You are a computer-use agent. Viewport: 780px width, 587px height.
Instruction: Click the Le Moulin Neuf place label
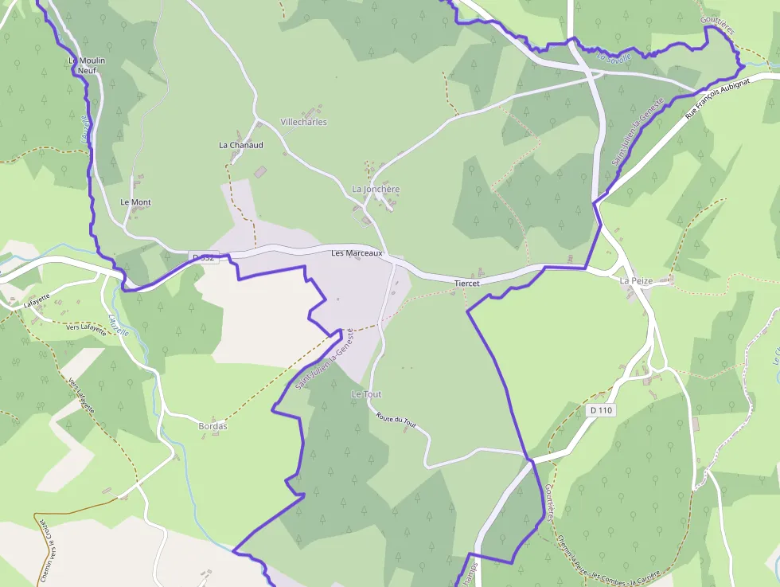[x=87, y=65]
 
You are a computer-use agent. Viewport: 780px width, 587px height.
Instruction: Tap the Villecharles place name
[x=303, y=122]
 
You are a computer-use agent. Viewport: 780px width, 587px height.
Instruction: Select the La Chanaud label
[x=240, y=146]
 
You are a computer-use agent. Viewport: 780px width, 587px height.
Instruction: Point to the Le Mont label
[x=135, y=202]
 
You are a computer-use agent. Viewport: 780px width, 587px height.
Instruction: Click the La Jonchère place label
[x=375, y=190]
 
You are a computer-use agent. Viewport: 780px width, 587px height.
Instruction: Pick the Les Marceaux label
[x=357, y=253]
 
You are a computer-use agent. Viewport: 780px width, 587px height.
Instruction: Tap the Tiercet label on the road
[x=466, y=284]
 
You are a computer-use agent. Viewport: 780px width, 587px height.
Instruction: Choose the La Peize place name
[x=636, y=281]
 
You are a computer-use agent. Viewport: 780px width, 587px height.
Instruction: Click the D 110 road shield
[x=601, y=410]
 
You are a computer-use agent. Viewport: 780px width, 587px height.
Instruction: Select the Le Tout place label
[x=366, y=394]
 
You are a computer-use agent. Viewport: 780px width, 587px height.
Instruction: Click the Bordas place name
[x=213, y=426]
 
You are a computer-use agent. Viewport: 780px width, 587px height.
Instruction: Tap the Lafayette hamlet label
[x=37, y=301]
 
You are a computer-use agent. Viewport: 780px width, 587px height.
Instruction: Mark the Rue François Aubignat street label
[x=716, y=99]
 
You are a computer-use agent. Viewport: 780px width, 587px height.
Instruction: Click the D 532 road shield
[x=205, y=257]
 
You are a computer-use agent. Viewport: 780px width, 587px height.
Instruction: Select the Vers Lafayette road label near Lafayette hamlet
[x=85, y=327]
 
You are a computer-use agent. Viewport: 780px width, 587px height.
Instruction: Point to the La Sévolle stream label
[x=613, y=57]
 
